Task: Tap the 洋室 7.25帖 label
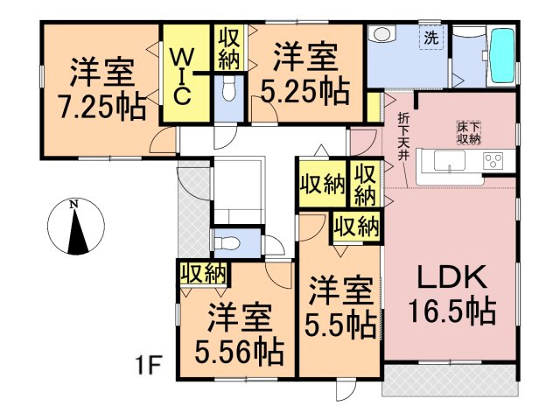pyautogui.click(x=103, y=88)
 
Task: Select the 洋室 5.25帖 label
pyautogui.click(x=305, y=73)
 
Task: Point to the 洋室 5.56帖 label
pyautogui.click(x=240, y=333)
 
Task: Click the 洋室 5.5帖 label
pyautogui.click(x=340, y=307)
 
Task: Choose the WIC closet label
pyautogui.click(x=182, y=77)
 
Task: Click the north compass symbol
pyautogui.click(x=76, y=226)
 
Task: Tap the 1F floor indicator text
pyautogui.click(x=149, y=364)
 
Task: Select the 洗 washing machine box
pyautogui.click(x=431, y=37)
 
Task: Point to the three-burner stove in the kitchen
pyautogui.click(x=493, y=160)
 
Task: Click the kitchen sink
pyautogui.click(x=449, y=160)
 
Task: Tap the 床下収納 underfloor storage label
pyautogui.click(x=469, y=133)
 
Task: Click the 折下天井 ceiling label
pyautogui.click(x=404, y=136)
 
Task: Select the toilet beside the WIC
pyautogui.click(x=228, y=89)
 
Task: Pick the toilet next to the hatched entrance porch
pyautogui.click(x=226, y=243)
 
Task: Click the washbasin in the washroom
pyautogui.click(x=381, y=35)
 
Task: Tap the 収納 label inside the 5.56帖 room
pyautogui.click(x=204, y=274)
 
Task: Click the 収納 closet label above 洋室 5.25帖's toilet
pyautogui.click(x=229, y=48)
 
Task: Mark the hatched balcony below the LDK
pyautogui.click(x=450, y=380)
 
